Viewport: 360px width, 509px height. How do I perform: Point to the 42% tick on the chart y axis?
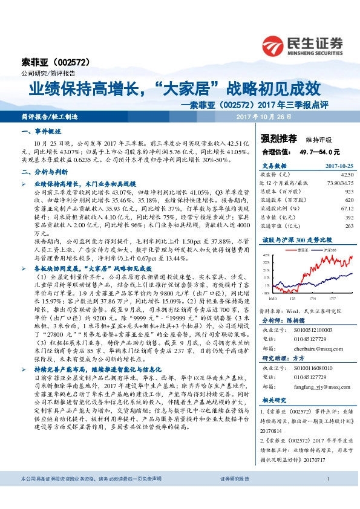tap(265, 255)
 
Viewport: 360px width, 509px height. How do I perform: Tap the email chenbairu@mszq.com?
tap(316, 348)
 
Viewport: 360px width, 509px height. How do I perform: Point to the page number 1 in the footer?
tap(327, 495)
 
